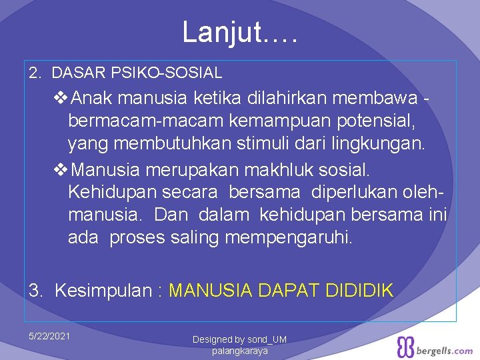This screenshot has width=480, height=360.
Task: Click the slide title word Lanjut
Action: coord(223,32)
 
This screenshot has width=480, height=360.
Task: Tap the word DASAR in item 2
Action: coord(74,72)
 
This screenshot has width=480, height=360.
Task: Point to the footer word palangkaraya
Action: coord(239,351)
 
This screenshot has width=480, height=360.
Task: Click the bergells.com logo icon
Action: coord(406,347)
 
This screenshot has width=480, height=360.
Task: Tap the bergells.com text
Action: coord(445,350)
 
